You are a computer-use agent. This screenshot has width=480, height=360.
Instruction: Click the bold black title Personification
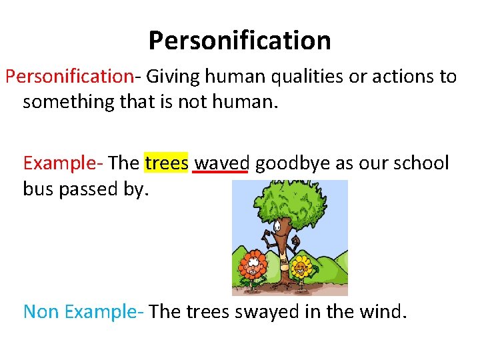pos(239,41)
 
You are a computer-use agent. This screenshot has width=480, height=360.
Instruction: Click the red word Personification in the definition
pos(69,77)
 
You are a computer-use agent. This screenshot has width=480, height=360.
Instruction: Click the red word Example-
pos(63,163)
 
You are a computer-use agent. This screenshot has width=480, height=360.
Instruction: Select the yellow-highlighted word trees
pos(167,163)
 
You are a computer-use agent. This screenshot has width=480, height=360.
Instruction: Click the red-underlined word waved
pos(221,163)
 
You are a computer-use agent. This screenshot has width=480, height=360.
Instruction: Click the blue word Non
pos(41,311)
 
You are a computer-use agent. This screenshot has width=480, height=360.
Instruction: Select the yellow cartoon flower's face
pos(301,269)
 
